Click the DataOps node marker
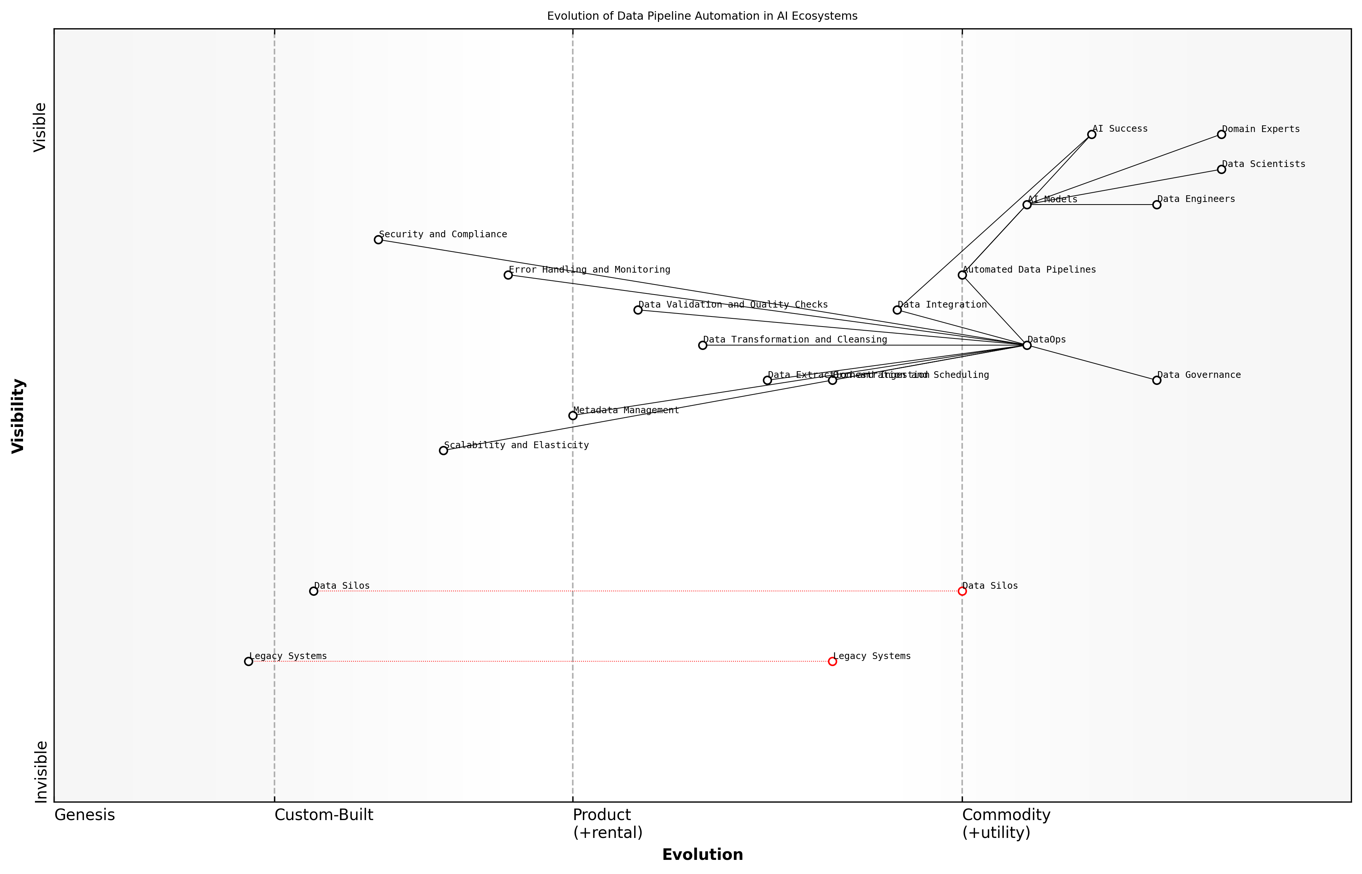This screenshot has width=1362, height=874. click(1027, 345)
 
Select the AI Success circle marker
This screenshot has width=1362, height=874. click(1091, 135)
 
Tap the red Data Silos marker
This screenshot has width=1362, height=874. click(962, 591)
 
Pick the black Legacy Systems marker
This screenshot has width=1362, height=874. click(248, 661)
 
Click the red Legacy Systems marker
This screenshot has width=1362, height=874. click(832, 661)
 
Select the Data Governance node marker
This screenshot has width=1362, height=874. click(1157, 380)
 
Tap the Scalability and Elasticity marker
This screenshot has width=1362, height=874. click(443, 451)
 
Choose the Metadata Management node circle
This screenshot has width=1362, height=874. click(573, 415)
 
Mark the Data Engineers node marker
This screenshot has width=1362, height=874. click(1157, 205)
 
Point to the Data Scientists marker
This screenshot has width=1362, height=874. click(1221, 169)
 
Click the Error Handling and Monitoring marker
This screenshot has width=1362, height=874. click(508, 275)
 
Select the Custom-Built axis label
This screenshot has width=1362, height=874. click(324, 815)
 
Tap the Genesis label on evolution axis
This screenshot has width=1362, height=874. click(84, 815)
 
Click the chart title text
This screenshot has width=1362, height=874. click(702, 16)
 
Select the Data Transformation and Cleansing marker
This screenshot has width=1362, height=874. click(703, 345)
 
